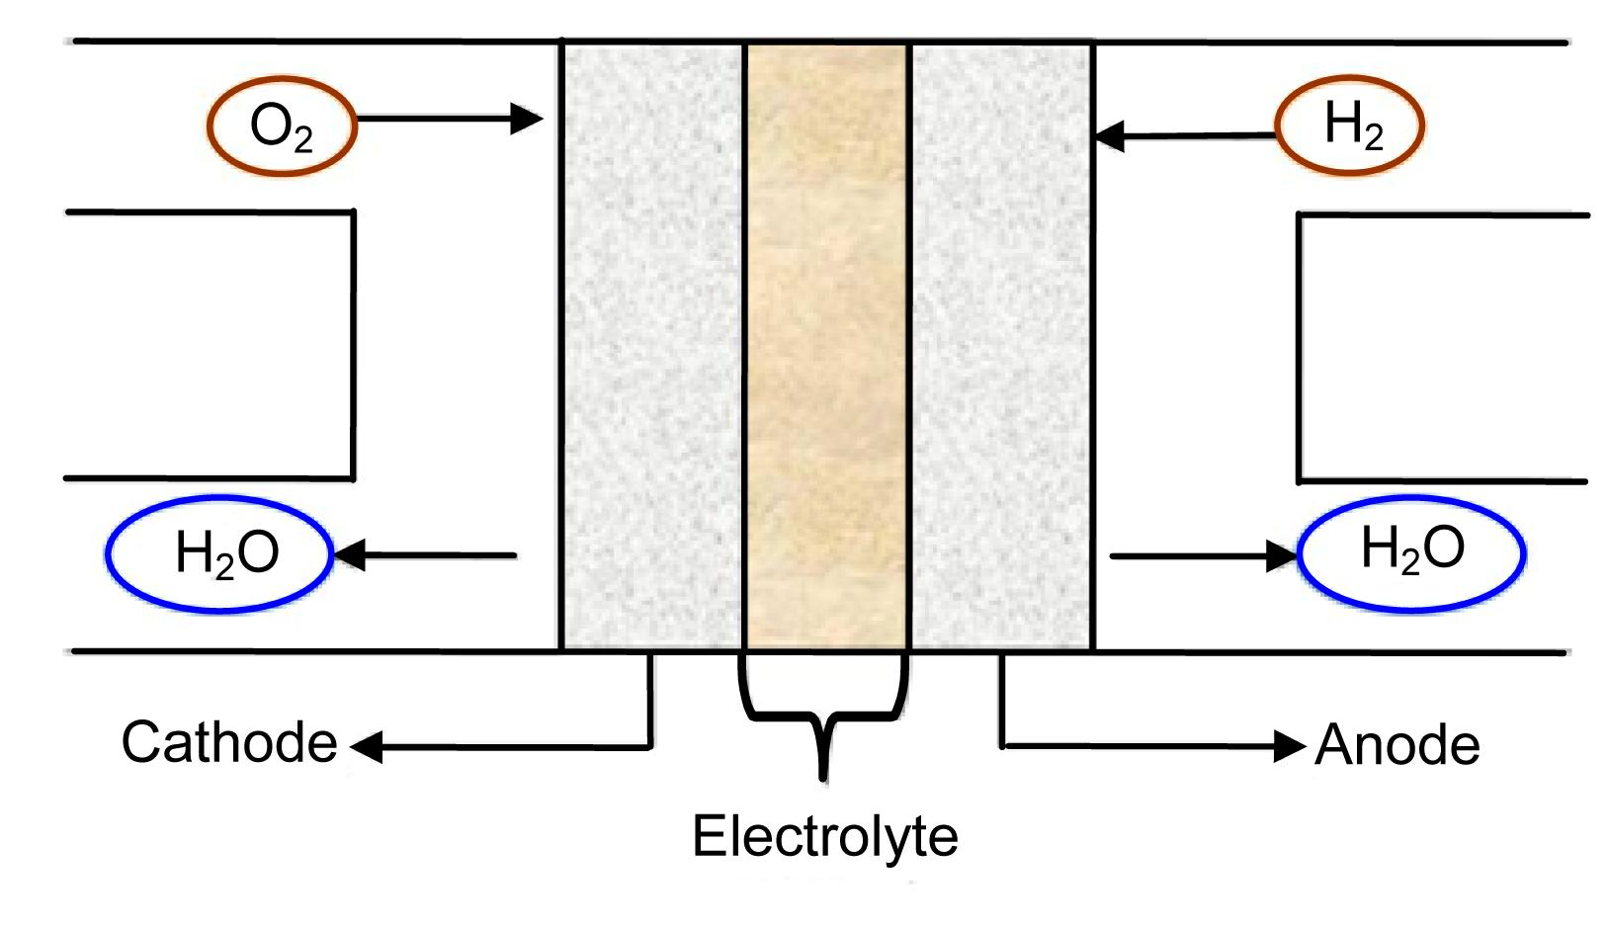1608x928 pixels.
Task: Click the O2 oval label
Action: tap(282, 127)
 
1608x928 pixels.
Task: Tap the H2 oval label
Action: tap(1350, 126)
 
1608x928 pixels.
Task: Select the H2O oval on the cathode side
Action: tap(219, 554)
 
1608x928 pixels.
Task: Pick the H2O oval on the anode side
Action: tap(1411, 552)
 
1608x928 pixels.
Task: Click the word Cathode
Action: tap(229, 742)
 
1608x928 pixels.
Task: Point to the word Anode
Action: tap(1396, 746)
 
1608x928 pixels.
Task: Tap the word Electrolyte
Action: tap(824, 836)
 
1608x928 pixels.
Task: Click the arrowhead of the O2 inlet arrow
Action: tap(528, 120)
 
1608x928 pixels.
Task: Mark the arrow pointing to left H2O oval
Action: tap(425, 555)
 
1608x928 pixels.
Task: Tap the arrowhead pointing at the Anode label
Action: tap(1290, 746)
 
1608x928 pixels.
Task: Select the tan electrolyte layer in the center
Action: tap(826, 346)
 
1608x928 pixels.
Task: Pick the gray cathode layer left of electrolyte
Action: tap(652, 346)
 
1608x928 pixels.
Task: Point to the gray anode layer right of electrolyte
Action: tap(1001, 346)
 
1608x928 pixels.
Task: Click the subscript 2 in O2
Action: tap(302, 140)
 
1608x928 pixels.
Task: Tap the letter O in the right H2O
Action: tap(1444, 547)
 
